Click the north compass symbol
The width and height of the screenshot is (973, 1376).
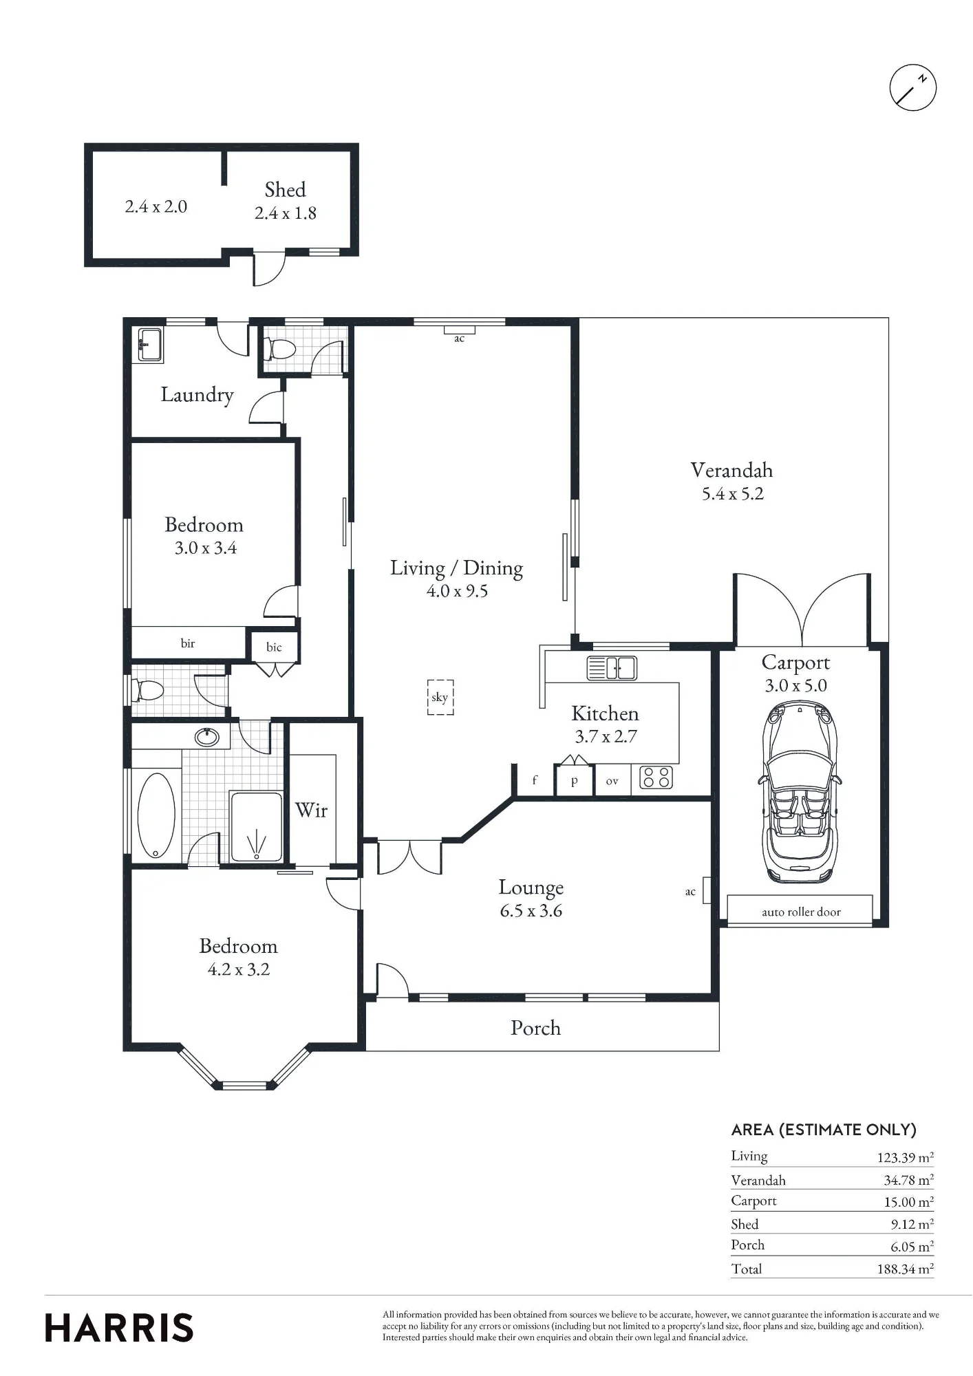[913, 87]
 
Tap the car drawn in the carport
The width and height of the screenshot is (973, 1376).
[800, 793]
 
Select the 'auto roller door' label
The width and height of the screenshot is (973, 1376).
[801, 912]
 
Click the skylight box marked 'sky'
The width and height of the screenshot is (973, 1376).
[440, 697]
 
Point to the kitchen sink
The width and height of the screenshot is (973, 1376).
[612, 668]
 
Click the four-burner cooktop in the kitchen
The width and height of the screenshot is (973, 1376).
[656, 777]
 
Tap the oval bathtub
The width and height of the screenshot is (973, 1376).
[156, 815]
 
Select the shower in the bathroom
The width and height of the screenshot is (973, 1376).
[256, 826]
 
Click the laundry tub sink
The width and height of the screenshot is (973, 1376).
[150, 344]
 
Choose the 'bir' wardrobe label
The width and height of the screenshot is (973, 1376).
[188, 643]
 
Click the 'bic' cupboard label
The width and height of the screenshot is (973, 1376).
[274, 647]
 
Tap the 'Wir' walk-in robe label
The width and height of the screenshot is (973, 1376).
[311, 810]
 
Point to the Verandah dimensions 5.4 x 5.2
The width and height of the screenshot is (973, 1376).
[732, 494]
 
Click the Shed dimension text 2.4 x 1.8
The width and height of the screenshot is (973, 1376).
[286, 213]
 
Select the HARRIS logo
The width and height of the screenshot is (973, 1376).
[119, 1328]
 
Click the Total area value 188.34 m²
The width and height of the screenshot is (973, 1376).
[905, 1269]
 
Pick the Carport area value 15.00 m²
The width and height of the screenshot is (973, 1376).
[908, 1202]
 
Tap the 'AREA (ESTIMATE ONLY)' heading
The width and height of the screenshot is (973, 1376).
[824, 1130]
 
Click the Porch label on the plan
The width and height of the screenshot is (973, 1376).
[535, 1028]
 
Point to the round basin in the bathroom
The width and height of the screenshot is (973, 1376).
[207, 738]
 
